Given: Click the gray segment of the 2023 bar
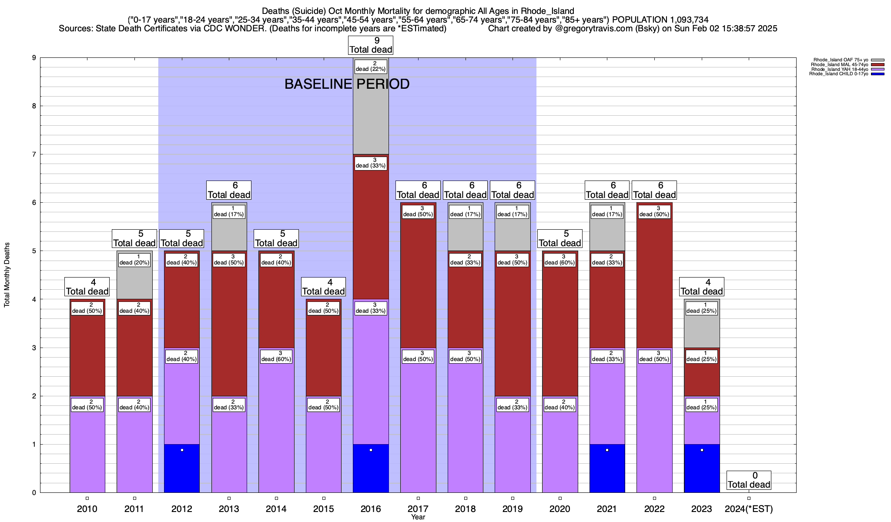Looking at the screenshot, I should (702, 331).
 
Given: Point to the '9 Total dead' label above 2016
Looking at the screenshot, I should (371, 45).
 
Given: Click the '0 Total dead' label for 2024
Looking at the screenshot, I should (749, 480).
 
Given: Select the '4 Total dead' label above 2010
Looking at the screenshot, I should (87, 287).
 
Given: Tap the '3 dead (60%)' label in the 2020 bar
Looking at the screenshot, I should (560, 260).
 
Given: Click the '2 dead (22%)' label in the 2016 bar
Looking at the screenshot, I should (371, 66).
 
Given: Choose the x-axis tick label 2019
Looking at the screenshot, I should (512, 509).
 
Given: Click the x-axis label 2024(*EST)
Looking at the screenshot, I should (749, 509).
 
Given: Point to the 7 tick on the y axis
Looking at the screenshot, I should (33, 154).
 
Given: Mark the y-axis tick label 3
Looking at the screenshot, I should (33, 348).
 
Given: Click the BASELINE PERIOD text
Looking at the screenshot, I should (347, 84).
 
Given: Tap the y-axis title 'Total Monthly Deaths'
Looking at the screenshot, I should (7, 275).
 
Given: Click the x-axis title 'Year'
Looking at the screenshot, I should (418, 517).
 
